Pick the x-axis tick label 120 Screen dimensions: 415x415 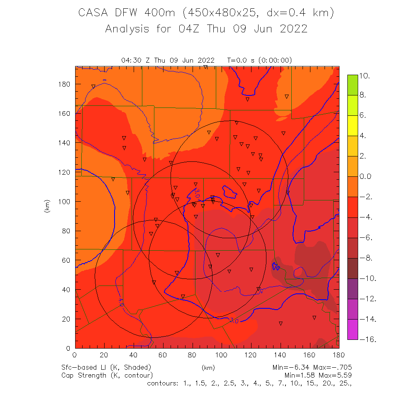click(251, 354)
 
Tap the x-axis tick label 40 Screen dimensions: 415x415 click(134, 354)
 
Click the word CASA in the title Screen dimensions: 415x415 click(92, 13)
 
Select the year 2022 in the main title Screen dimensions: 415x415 click(293, 29)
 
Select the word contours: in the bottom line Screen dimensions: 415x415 click(163, 383)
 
